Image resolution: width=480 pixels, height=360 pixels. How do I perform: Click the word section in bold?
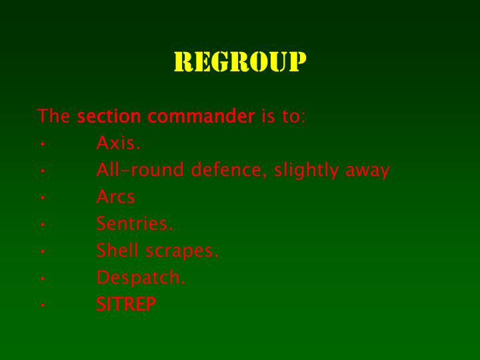[x=109, y=117]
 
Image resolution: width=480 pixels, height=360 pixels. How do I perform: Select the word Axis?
[x=118, y=143]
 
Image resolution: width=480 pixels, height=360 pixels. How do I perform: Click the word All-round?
[x=141, y=170]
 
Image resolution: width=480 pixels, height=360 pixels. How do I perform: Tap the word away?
[x=367, y=171]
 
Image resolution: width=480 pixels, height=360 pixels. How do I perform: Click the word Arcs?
[x=115, y=197]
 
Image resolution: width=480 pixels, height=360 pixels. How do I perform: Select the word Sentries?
[x=134, y=224]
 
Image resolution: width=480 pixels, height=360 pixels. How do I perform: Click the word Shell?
[x=117, y=251]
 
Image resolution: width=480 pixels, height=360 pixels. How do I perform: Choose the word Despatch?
[x=140, y=278]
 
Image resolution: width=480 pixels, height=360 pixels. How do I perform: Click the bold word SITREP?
[x=126, y=305]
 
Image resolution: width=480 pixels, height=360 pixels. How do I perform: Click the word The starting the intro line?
[x=54, y=117]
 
